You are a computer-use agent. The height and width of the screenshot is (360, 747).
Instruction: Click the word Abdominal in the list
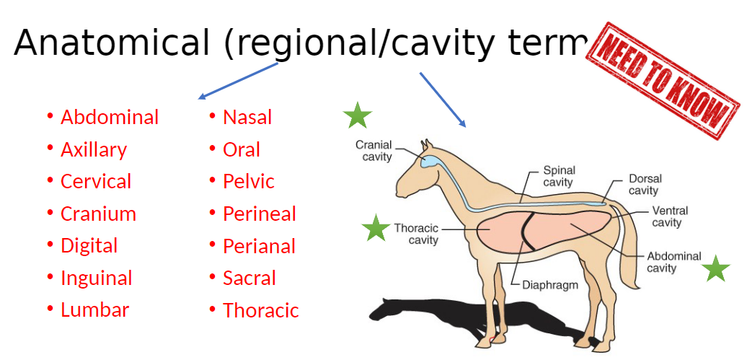coord(110,117)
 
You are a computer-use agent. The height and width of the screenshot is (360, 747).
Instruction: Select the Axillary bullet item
coord(94,149)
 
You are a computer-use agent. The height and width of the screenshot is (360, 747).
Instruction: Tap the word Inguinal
coord(97,278)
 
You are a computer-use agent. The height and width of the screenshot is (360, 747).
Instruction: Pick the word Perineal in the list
coord(260,214)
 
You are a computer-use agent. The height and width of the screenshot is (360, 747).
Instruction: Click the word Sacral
coord(249,278)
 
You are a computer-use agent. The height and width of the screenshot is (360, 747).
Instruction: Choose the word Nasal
coord(247,117)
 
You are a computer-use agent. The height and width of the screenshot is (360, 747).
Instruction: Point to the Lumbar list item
coord(94,310)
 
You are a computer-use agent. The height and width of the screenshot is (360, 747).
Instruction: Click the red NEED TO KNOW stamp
coord(664,79)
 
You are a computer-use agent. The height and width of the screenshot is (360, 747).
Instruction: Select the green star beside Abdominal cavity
coord(716,268)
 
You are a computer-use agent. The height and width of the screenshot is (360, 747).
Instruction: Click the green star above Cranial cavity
coord(357,115)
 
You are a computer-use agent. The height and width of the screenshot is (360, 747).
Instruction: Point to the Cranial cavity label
coord(373,151)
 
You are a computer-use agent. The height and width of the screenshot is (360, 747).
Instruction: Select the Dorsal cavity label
coord(644,185)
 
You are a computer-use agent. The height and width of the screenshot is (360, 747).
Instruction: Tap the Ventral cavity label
coord(668,216)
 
